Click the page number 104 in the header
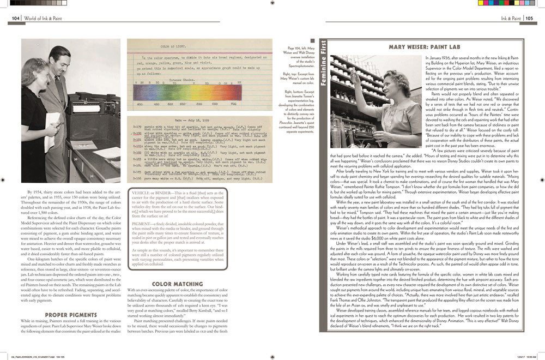pyautogui.click(x=16, y=18)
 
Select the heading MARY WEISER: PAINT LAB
pyautogui.click(x=420, y=47)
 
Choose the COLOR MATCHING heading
pyautogui.click(x=171, y=284)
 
